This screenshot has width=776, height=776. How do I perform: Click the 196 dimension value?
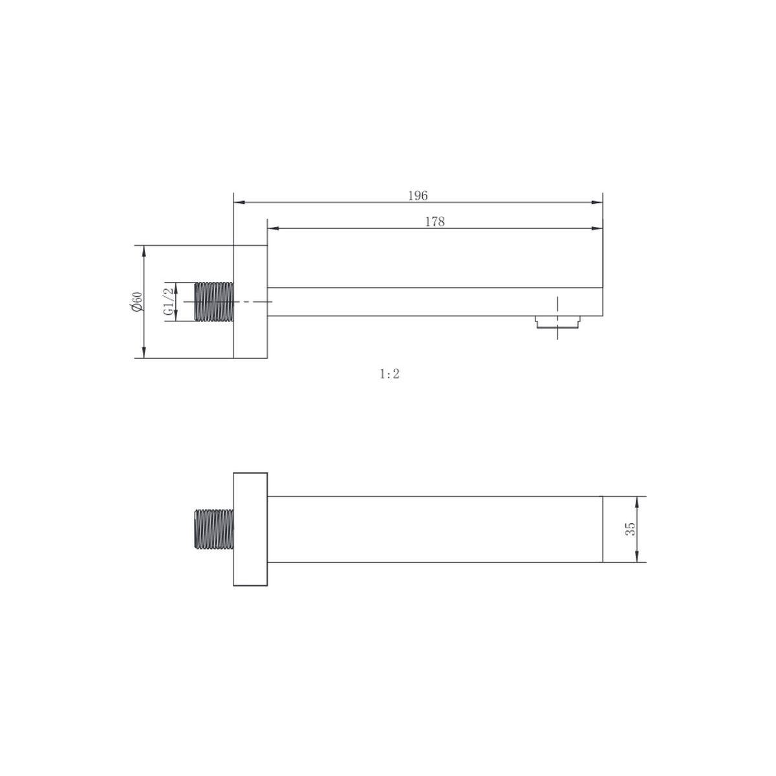pos(418,196)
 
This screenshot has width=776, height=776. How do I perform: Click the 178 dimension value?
pos(435,222)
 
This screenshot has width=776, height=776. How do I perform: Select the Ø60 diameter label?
pos(137,301)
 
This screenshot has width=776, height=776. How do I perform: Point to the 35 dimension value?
pos(630,529)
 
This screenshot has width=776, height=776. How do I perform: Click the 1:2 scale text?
pos(389,374)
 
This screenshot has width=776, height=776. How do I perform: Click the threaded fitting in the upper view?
pos(214,301)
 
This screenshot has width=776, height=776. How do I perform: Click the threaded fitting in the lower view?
pos(214,529)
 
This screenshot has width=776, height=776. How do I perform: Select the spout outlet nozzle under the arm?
pos(557,322)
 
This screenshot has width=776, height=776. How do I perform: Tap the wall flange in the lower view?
pos(250,529)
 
